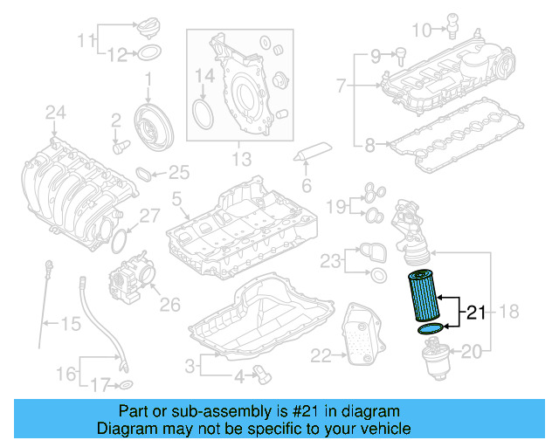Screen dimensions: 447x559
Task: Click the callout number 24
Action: [55, 112]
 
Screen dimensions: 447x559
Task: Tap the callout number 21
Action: [476, 312]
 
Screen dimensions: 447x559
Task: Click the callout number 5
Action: [176, 201]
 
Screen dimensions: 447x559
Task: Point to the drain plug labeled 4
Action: [262, 375]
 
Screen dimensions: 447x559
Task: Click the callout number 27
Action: [150, 216]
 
